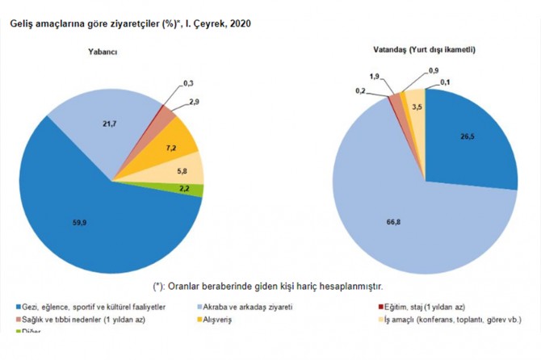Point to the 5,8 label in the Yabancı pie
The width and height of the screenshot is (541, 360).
tap(182, 172)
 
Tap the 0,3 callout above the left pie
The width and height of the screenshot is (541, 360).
tap(188, 84)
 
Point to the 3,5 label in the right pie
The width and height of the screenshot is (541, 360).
tap(417, 107)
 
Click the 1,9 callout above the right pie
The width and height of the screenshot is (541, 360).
tap(374, 77)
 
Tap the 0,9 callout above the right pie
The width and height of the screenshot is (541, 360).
tap(434, 70)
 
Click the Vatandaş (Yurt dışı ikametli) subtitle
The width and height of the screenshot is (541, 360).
tap(425, 50)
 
